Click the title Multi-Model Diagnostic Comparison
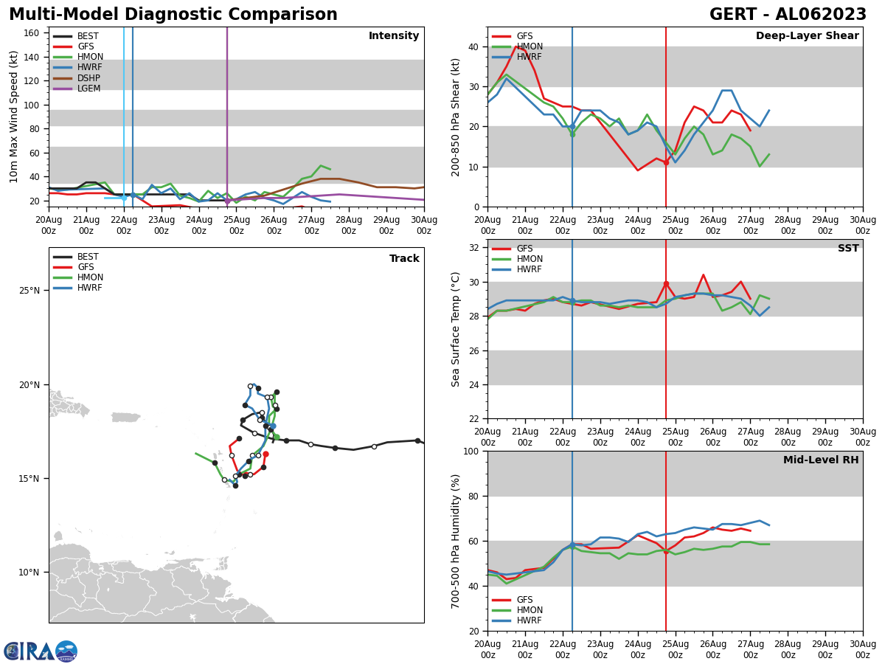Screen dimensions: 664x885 click(173, 15)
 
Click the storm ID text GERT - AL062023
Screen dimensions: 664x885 click(788, 15)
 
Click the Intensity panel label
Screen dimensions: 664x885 click(394, 36)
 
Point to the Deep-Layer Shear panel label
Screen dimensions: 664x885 click(807, 36)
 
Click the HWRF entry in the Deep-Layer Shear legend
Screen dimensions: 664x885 click(529, 57)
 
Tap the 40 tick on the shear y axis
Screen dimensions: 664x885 click(472, 46)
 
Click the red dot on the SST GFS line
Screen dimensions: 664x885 click(666, 284)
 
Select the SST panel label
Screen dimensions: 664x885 click(847, 249)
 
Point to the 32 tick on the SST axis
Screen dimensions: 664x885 click(472, 248)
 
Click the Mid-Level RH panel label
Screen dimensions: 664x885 click(821, 460)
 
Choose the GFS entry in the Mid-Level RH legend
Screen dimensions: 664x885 click(524, 600)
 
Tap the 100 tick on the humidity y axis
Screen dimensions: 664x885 click(469, 451)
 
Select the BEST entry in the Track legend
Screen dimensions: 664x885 click(88, 257)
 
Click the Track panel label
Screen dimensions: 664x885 click(404, 259)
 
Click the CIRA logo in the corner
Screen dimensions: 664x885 click(41, 651)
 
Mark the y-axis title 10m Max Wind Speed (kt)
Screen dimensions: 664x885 click(14, 117)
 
